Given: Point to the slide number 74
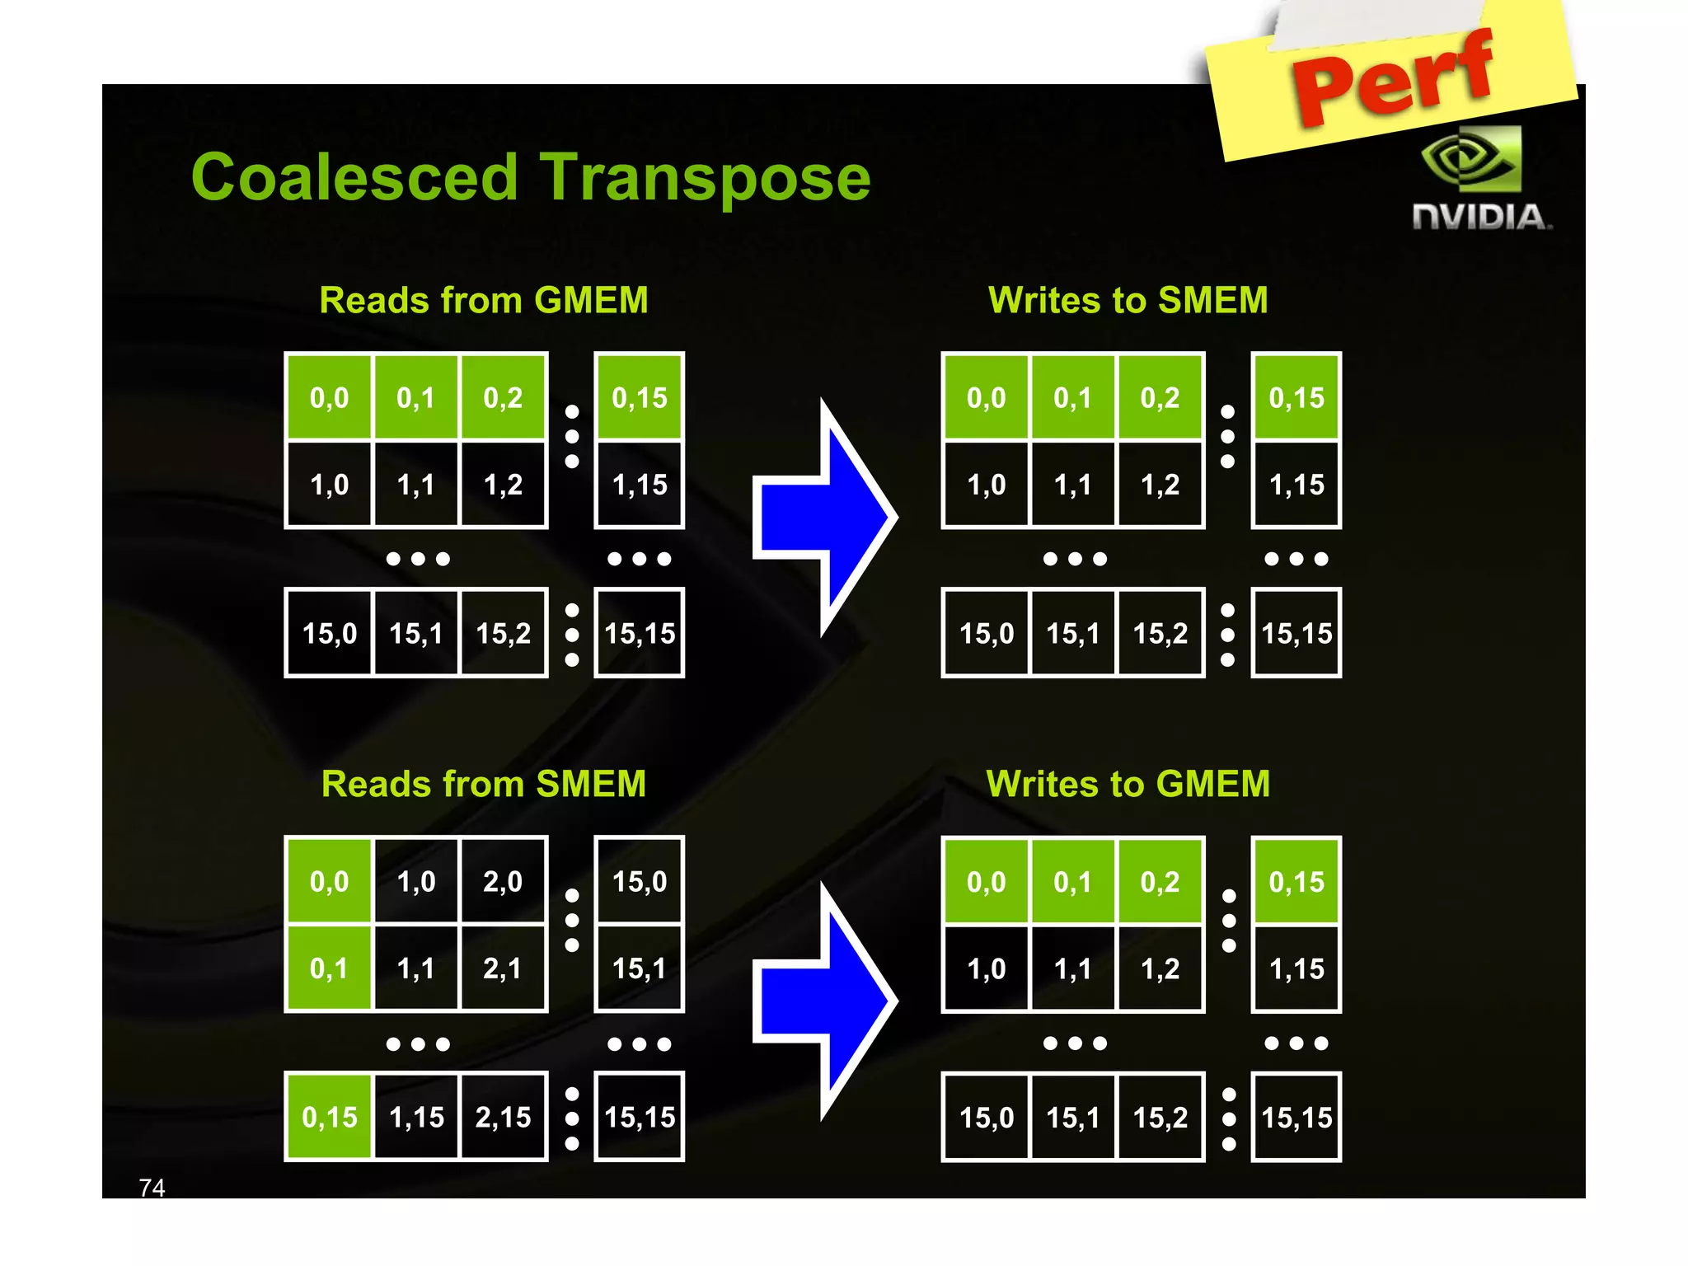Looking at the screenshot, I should [x=152, y=1187].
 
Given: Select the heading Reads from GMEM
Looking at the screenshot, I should [x=484, y=300].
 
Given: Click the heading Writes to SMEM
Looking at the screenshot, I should [x=1128, y=300].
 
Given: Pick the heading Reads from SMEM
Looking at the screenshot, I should [x=484, y=784].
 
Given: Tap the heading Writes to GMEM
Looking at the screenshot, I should [x=1128, y=784].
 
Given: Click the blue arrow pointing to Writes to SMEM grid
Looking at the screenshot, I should [x=824, y=518].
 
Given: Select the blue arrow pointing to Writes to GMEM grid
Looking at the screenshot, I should [x=824, y=1001].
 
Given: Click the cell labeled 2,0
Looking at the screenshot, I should [x=503, y=882].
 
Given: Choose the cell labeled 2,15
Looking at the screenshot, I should [x=503, y=1118].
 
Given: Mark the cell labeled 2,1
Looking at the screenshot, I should [x=503, y=968].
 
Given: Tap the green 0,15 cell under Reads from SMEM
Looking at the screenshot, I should [x=330, y=1118].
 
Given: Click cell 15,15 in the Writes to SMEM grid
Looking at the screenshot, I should [x=1296, y=633].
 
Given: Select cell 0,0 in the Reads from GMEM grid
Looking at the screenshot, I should [x=330, y=398].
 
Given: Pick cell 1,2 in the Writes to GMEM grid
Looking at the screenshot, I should [x=1160, y=968].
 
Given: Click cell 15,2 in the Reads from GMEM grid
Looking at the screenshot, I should [x=503, y=633].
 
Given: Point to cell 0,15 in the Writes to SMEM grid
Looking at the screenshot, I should [x=1296, y=398].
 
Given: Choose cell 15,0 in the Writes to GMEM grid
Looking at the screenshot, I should [x=987, y=1118].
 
